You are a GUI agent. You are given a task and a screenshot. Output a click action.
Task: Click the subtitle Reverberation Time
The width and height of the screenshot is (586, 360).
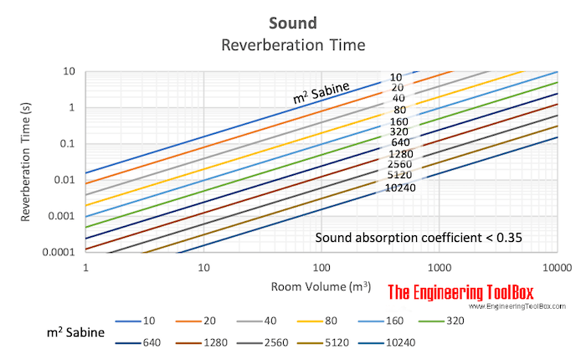click(293, 44)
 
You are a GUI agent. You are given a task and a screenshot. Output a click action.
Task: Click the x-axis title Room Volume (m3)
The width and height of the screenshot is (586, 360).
click(321, 287)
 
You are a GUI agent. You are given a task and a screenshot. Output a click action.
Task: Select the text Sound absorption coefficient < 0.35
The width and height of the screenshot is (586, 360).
click(419, 238)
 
